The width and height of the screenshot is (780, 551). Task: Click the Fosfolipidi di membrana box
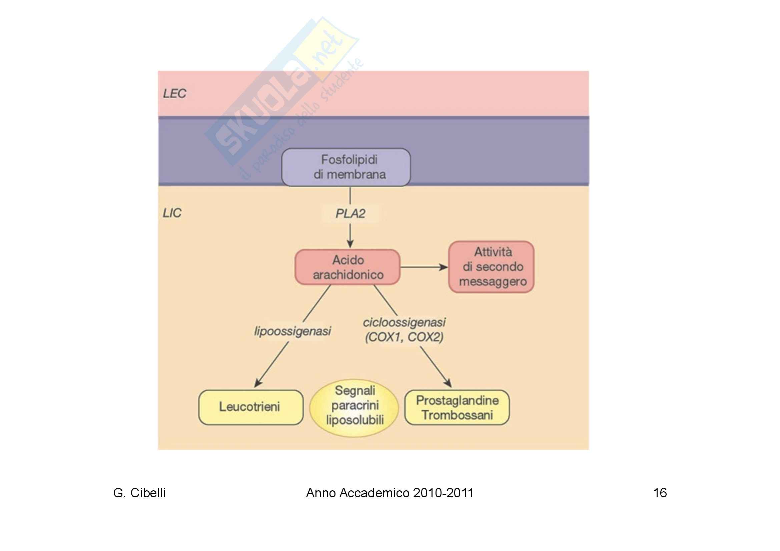click(x=346, y=167)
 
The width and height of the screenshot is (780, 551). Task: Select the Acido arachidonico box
click(x=347, y=267)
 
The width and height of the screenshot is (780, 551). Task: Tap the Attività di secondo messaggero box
click(x=491, y=267)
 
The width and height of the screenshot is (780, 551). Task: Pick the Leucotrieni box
click(x=251, y=407)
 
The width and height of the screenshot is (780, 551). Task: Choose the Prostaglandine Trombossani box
click(x=457, y=407)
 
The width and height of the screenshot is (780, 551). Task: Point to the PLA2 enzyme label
click(x=350, y=214)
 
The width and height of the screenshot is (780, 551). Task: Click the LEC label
click(x=175, y=94)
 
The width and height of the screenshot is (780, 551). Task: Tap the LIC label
click(x=172, y=213)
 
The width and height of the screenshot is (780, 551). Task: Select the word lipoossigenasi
click(x=292, y=331)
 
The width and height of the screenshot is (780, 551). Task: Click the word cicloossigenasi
click(x=404, y=322)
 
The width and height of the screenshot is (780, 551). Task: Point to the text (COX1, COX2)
click(x=404, y=337)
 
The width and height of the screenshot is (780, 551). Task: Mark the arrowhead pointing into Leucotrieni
click(x=258, y=383)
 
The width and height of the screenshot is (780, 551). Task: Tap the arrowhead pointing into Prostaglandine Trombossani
click(x=448, y=383)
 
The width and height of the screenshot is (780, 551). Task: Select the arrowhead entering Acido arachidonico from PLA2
click(x=350, y=244)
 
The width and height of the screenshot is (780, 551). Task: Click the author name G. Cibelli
click(x=139, y=493)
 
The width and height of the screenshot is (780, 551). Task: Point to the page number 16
click(x=660, y=493)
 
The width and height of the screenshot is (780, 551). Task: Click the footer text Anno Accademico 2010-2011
click(x=389, y=493)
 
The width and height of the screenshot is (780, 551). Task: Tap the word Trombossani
click(x=457, y=415)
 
